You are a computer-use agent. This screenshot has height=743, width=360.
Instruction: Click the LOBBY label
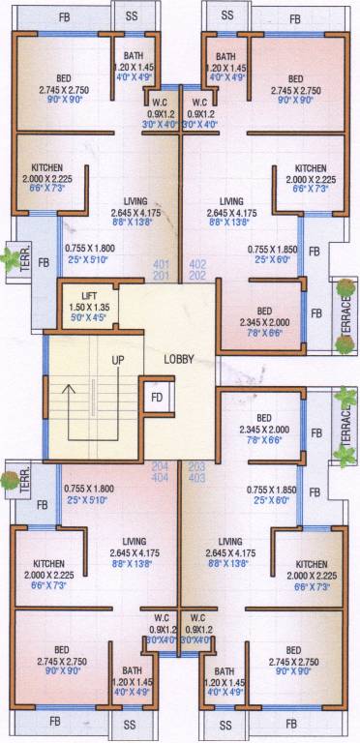click(x=179, y=359)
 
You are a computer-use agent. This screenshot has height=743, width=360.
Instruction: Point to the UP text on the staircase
click(x=118, y=360)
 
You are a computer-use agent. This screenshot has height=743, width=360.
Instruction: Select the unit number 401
click(x=162, y=263)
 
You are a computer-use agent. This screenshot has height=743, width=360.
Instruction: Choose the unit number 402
click(x=197, y=263)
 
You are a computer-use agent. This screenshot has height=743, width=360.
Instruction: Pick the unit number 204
click(x=161, y=466)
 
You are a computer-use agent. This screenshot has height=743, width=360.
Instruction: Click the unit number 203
click(x=197, y=466)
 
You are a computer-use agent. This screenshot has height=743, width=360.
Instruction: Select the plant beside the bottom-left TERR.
click(x=11, y=479)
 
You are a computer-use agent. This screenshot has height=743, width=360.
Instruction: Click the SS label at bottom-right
click(x=226, y=725)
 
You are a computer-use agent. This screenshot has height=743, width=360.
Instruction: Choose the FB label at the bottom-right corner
click(x=292, y=724)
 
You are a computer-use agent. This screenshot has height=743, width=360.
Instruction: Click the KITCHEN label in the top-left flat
click(x=46, y=167)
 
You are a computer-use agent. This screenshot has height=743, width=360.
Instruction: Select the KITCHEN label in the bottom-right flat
click(x=312, y=564)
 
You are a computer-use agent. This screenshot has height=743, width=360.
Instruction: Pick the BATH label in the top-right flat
click(x=226, y=57)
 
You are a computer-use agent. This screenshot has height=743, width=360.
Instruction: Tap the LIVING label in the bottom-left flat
click(x=127, y=542)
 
